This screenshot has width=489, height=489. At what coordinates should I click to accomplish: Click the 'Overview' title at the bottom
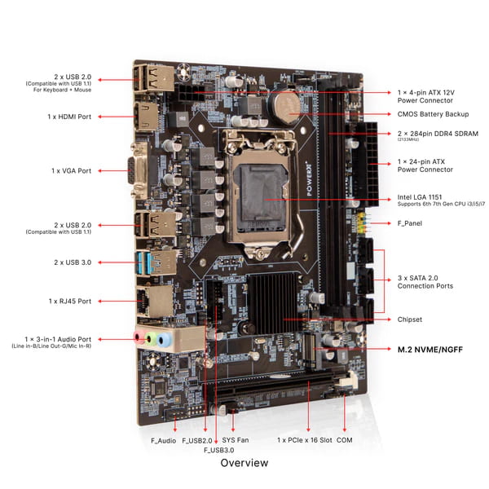coord(244,463)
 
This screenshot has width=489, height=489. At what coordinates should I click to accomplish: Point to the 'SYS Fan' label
coord(236,440)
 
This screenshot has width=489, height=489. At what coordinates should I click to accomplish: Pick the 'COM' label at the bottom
coord(345,440)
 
